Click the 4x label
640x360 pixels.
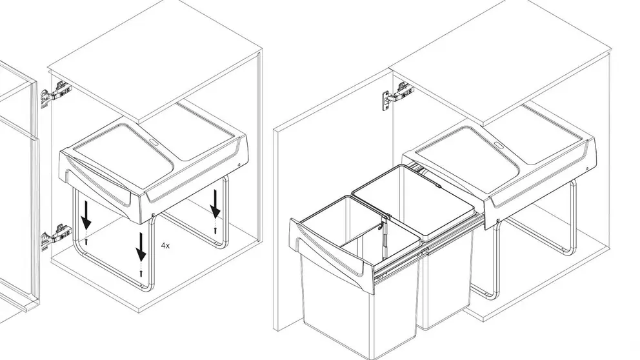click(165, 246)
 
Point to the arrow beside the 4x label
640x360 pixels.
click(141, 247)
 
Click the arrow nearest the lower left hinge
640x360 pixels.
click(86, 215)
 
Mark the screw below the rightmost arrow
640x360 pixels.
click(215, 230)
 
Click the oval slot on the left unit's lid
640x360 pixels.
click(154, 142)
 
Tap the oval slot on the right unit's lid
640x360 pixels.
click(497, 145)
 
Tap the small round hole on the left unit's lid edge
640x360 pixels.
click(239, 165)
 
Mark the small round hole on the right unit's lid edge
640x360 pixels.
click(586, 168)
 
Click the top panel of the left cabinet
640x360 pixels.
click(155, 61)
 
